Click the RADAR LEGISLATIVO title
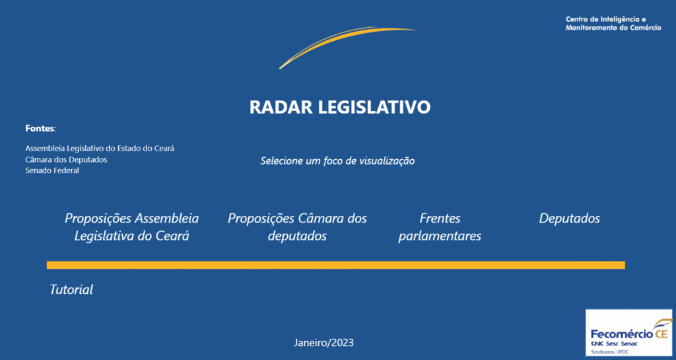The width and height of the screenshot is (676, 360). coord(340,107)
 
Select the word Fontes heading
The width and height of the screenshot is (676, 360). coord(40,128)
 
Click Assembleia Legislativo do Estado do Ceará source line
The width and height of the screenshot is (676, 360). coord(100,149)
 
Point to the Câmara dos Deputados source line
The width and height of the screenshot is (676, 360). coord(66,159)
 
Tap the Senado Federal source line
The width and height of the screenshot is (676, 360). coord(52,170)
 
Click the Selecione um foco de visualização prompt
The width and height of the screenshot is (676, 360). coord(337,161)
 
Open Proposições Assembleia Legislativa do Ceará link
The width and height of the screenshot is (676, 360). coord(131,227)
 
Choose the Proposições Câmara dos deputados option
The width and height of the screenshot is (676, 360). coord(297,227)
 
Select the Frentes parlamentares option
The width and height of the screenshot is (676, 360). coord(440,227)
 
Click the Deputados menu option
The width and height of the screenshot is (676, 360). coord(570,218)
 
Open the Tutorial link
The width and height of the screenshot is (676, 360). coord(71,289)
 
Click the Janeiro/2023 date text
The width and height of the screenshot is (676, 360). coord(323,343)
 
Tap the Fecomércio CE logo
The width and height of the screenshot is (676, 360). coord(628,332)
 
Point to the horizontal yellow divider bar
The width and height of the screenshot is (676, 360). coord(336,265)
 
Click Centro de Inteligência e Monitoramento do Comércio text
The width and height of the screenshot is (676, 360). coord(613,23)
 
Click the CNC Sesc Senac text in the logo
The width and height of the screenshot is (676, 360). coord(614,343)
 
